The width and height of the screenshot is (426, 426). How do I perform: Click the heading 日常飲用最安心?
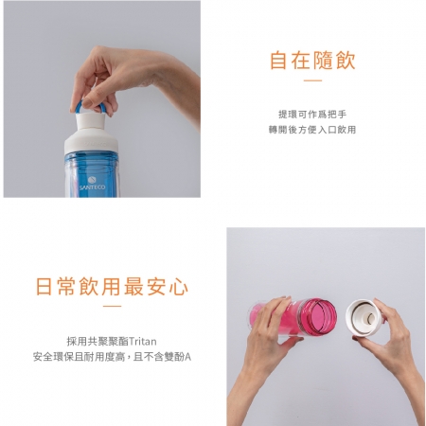(x=112, y=286)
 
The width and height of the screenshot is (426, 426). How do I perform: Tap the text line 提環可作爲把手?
(x=312, y=114)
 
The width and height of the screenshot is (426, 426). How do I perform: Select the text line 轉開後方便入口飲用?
(x=312, y=130)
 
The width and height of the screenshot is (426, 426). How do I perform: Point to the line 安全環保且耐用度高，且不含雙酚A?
(x=112, y=357)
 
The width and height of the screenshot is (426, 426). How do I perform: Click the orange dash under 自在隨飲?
(x=312, y=81)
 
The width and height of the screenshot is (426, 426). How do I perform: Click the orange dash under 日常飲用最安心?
(x=112, y=306)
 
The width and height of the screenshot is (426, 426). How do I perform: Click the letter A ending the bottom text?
(x=187, y=357)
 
